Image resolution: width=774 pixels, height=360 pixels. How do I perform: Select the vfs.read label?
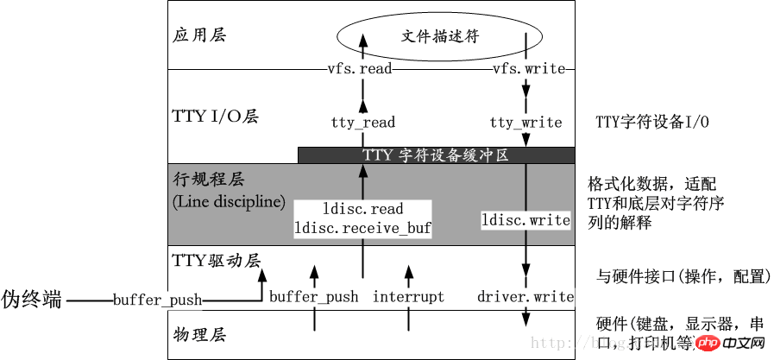coord(360,69)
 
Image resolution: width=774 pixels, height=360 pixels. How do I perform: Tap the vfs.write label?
coord(527,69)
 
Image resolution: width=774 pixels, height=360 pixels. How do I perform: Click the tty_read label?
coord(362,123)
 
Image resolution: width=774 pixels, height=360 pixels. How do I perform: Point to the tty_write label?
coord(525,123)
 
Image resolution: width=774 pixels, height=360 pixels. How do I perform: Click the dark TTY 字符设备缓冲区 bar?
coord(436,155)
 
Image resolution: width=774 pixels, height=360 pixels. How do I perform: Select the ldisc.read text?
coord(362,210)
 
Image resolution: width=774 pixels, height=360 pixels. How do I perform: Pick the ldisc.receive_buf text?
coord(362,228)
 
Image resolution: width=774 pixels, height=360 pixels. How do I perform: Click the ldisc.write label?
coord(525,221)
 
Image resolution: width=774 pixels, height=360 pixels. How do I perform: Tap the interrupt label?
coord(408,297)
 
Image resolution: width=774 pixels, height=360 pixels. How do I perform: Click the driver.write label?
coord(525,297)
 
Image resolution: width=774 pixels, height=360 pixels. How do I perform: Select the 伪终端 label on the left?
coord(32,300)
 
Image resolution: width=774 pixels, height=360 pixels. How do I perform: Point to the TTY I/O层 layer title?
coord(216,117)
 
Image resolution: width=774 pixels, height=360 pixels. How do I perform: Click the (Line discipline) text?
coord(229,202)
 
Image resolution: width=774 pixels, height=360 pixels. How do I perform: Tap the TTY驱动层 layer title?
coord(216,260)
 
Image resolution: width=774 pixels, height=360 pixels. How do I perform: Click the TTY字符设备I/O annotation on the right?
coord(652,123)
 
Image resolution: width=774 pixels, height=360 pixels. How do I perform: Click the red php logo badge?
coord(708,344)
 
